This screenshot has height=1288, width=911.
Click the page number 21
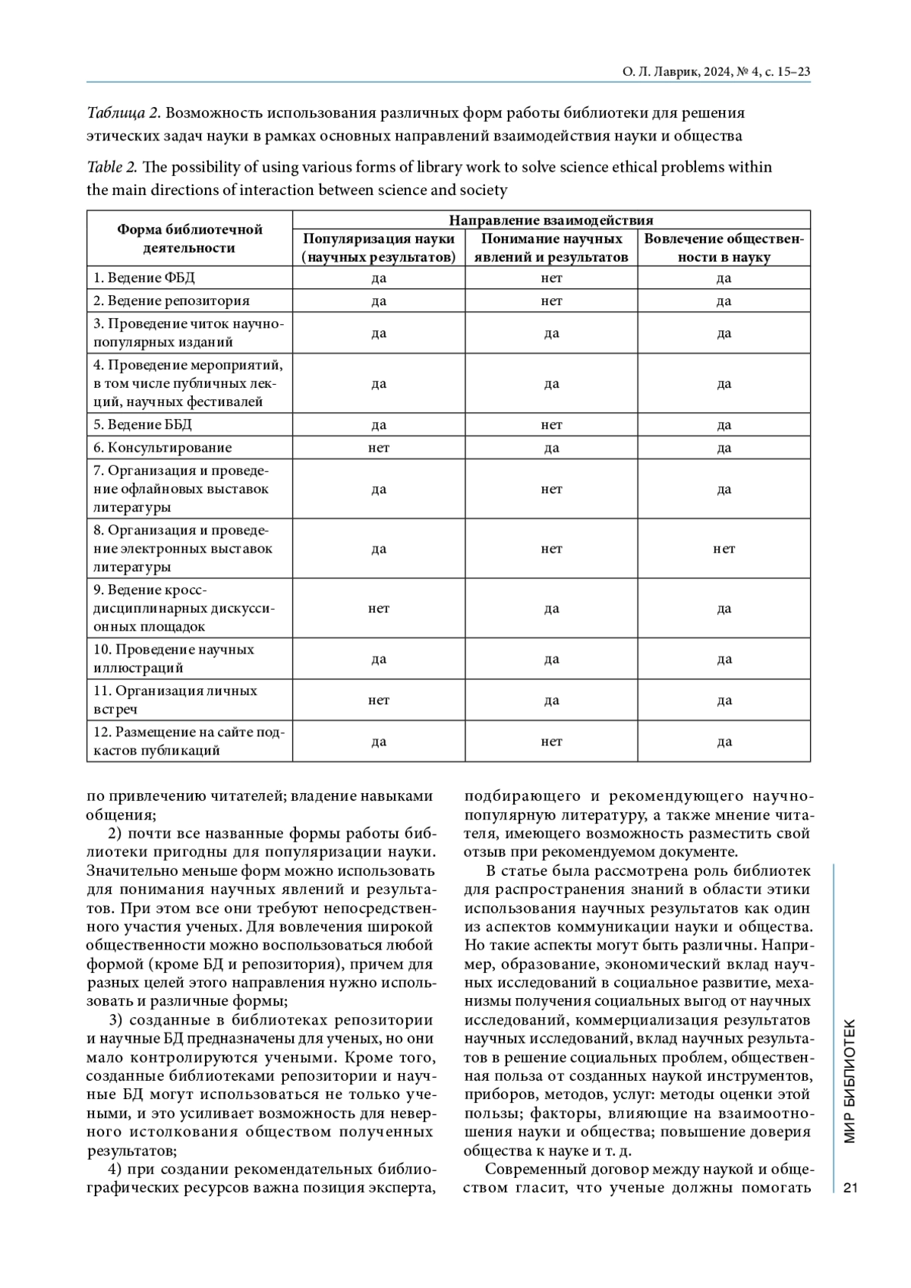pyautogui.click(x=850, y=1188)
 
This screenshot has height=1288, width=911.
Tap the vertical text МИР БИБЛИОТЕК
pyautogui.click(x=850, y=1082)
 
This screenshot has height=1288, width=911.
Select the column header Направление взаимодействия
pyautogui.click(x=551, y=220)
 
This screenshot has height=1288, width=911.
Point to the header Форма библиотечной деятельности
pyautogui.click(x=189, y=238)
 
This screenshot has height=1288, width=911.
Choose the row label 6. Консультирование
pyautogui.click(x=162, y=448)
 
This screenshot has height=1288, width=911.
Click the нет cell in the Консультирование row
pyautogui.click(x=379, y=448)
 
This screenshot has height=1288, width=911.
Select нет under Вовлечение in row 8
pyautogui.click(x=723, y=549)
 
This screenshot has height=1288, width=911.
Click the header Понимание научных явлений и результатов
pyautogui.click(x=551, y=248)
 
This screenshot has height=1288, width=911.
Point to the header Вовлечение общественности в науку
pyautogui.click(x=723, y=248)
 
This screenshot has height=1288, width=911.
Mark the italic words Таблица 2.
pyautogui.click(x=123, y=113)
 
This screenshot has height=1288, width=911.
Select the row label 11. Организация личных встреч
pyautogui.click(x=175, y=700)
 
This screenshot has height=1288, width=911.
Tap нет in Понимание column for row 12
pyautogui.click(x=551, y=742)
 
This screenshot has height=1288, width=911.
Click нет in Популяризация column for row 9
pyautogui.click(x=379, y=609)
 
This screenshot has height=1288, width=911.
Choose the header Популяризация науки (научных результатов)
pyautogui.click(x=379, y=248)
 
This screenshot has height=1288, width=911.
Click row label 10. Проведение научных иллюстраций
pyautogui.click(x=174, y=659)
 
